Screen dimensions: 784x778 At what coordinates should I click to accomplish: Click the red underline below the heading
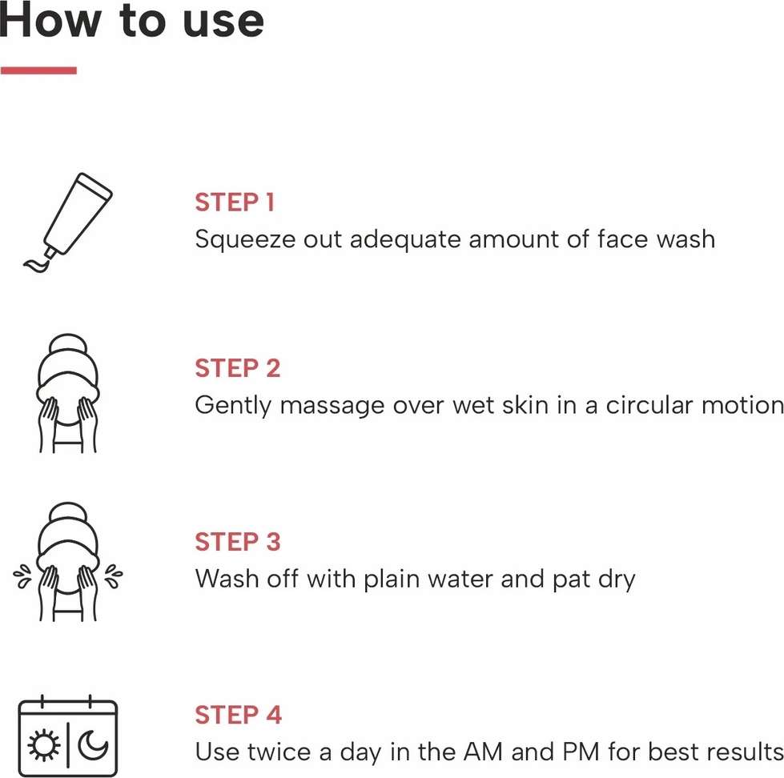click(x=38, y=70)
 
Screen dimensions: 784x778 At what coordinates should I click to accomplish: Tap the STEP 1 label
click(x=235, y=203)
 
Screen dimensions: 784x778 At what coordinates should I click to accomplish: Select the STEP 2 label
click(x=238, y=368)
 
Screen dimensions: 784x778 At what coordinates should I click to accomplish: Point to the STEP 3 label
click(x=238, y=542)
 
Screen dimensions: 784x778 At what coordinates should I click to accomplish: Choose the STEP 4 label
click(x=239, y=715)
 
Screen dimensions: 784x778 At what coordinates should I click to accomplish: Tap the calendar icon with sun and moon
click(x=68, y=736)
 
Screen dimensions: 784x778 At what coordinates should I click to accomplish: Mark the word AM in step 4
click(x=483, y=752)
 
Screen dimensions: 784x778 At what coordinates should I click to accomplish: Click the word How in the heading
click(x=50, y=20)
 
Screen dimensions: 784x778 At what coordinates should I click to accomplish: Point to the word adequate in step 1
click(x=405, y=240)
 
